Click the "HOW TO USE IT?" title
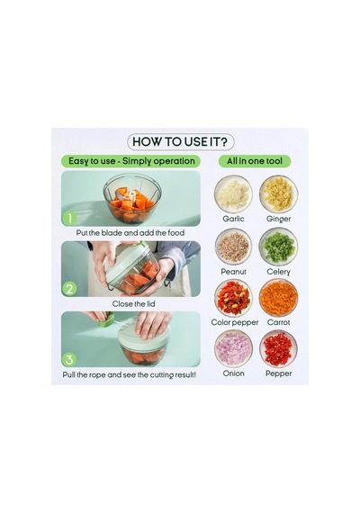[180, 142]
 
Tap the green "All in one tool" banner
[255, 161]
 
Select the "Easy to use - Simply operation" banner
[131, 161]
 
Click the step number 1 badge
[69, 218]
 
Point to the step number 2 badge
[69, 289]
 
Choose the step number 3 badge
[69, 360]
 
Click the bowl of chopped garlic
[233, 194]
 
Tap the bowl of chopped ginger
[278, 194]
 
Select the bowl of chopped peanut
[233, 246]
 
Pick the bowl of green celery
[278, 246]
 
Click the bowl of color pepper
[233, 298]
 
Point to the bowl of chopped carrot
[278, 298]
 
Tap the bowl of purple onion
[233, 349]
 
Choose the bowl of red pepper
[278, 349]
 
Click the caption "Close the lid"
[133, 304]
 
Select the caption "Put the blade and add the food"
[130, 233]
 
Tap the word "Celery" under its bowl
[278, 272]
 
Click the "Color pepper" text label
[235, 322]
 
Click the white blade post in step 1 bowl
[132, 196]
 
